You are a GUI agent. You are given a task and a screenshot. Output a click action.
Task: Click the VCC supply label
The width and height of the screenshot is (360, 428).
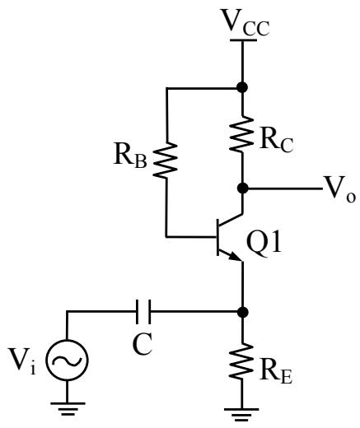coord(246,23)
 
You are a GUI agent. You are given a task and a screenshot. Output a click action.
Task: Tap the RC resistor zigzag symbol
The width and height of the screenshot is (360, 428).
coord(242,134)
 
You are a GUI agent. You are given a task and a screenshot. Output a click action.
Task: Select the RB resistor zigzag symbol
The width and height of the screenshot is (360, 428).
coord(166,160)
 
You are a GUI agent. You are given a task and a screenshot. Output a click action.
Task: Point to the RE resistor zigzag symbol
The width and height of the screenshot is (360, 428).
coord(242,361)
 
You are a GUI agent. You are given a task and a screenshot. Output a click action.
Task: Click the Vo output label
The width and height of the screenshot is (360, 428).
coord(340,189)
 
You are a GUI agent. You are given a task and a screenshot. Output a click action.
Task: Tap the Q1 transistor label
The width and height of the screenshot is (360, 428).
coord(264,243)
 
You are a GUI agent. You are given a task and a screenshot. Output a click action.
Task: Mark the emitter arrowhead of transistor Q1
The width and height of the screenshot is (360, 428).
coord(236,257)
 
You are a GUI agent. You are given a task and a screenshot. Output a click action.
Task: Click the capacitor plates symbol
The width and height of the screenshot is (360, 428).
coord(143,312)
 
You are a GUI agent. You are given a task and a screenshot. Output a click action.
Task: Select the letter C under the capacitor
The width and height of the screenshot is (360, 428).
coord(143,345)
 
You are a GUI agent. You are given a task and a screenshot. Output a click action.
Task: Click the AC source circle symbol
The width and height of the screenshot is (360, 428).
coord(67,360)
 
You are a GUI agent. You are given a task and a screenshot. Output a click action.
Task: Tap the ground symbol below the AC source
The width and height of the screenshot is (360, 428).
coord(68,408)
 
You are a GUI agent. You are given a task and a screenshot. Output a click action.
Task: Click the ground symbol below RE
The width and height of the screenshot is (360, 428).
coord(242,415)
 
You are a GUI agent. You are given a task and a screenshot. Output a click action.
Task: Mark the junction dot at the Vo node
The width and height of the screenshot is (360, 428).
coord(242,188)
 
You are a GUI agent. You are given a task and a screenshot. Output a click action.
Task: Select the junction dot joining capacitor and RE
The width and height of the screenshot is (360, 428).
coord(242,312)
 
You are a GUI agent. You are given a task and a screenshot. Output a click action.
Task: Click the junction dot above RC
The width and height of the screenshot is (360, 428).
coord(242,87)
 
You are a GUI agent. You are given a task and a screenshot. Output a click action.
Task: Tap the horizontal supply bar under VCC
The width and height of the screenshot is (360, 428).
coord(243,40)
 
